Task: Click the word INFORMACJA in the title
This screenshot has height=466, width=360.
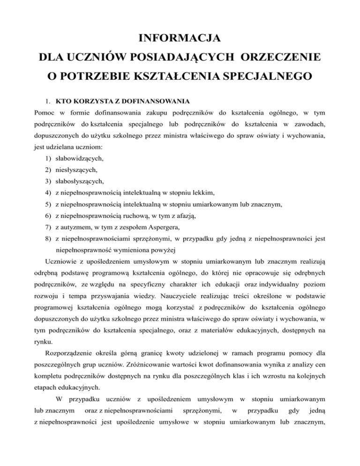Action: click(180, 36)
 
